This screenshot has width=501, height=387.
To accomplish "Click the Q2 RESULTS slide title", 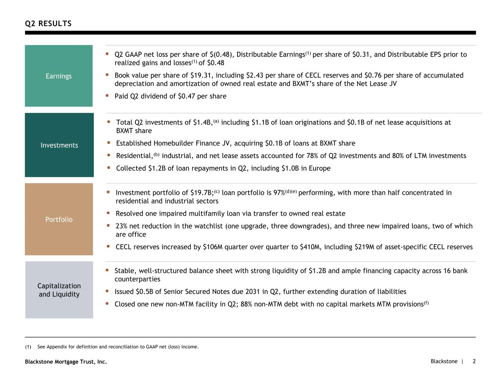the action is pyautogui.click(x=48, y=23).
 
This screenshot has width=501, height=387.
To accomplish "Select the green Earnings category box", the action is pyautogui.click(x=59, y=76).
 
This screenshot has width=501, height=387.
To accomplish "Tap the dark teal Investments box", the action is pyautogui.click(x=59, y=145).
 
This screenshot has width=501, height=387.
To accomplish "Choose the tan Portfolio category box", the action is pyautogui.click(x=59, y=219).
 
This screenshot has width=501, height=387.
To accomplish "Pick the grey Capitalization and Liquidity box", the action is pyautogui.click(x=59, y=290).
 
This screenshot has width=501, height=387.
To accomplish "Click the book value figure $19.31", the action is pyautogui.click(x=200, y=75).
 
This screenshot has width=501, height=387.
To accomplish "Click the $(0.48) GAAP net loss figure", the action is pyautogui.click(x=221, y=55).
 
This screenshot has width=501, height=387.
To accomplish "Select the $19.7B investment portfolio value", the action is pyautogui.click(x=202, y=193).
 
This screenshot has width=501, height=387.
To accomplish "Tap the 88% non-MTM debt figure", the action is pyautogui.click(x=246, y=304).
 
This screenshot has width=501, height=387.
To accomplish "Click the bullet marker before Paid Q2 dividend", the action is pyautogui.click(x=107, y=96).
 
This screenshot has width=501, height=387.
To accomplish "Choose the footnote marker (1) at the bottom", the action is pyautogui.click(x=28, y=347).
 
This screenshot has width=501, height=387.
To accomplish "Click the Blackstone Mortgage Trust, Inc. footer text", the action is pyautogui.click(x=66, y=362).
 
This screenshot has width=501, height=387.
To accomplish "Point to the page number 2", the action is pyautogui.click(x=474, y=361).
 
